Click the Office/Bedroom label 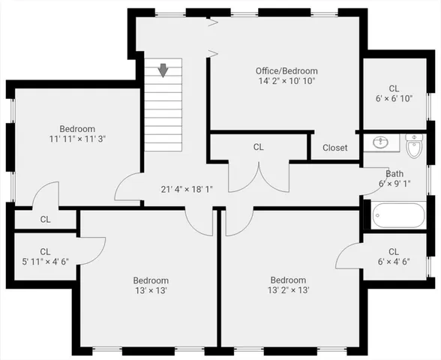click(286, 71)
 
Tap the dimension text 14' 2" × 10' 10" click(286, 81)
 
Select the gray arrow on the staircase click(163, 70)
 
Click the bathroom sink click(380, 142)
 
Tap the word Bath click(394, 173)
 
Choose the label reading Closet click(335, 148)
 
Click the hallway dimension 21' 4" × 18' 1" click(187, 189)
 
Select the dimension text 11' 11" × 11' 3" click(78, 139)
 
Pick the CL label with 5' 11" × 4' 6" click(45, 252)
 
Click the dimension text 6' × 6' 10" click(394, 97)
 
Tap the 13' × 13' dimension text click(151, 290)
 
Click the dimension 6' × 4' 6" click(394, 262)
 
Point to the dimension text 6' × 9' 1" click(394, 183)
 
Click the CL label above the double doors click(259, 148)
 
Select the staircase click(163, 105)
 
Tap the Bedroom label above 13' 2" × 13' click(288, 280)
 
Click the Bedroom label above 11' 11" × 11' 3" click(78, 129)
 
